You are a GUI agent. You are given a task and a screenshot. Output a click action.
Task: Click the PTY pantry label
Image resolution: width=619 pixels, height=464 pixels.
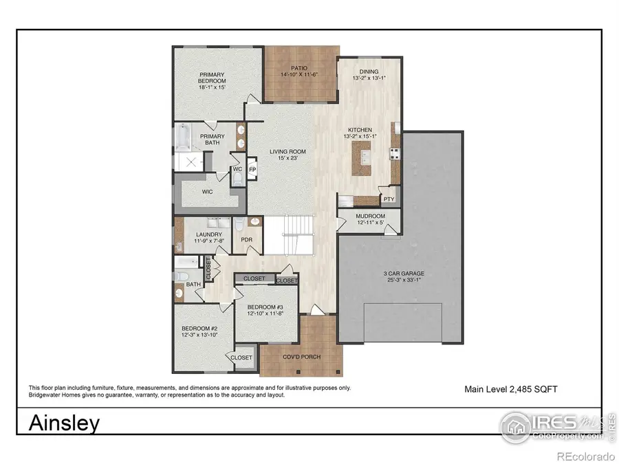tap(389, 199)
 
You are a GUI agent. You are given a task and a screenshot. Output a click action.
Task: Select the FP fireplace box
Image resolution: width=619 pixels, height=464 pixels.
tap(252, 169)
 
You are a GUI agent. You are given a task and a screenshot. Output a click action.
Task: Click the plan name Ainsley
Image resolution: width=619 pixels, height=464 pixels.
tap(64, 423)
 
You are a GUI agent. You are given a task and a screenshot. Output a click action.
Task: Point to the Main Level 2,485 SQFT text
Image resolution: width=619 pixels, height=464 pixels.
tap(510, 389)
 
